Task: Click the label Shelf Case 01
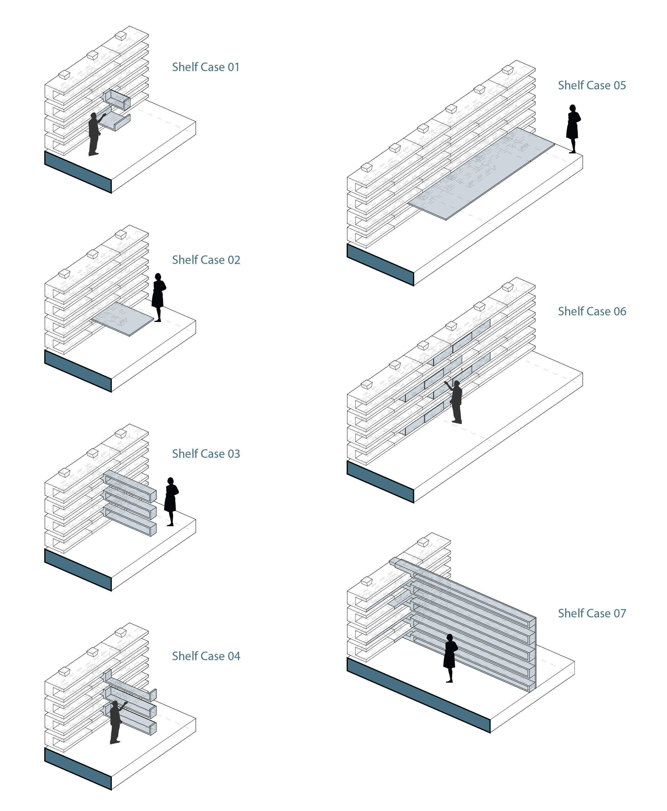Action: [x=206, y=67]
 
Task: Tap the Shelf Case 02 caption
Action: [x=206, y=260]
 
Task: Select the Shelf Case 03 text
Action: [x=206, y=454]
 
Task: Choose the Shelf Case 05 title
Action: [x=592, y=85]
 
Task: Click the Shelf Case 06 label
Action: [x=592, y=312]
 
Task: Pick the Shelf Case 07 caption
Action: [x=592, y=614]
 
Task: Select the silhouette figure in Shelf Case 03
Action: [x=171, y=501]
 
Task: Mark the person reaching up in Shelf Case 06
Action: [x=456, y=401]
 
